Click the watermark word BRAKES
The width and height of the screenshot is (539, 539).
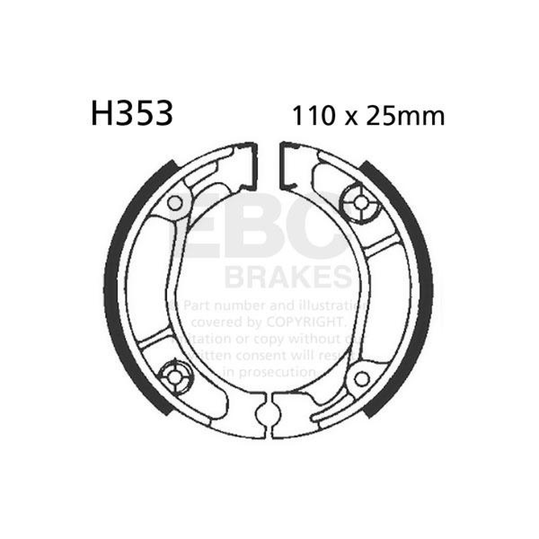point(288,278)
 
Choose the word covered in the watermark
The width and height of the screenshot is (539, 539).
point(216,323)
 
